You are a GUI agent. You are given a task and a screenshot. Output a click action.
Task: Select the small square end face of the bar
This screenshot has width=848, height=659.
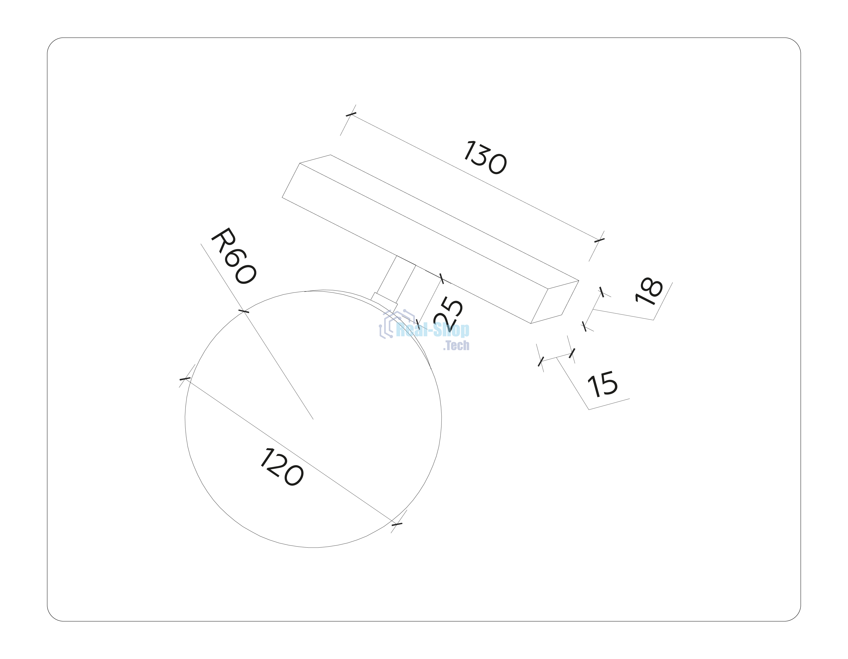click(x=555, y=302)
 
